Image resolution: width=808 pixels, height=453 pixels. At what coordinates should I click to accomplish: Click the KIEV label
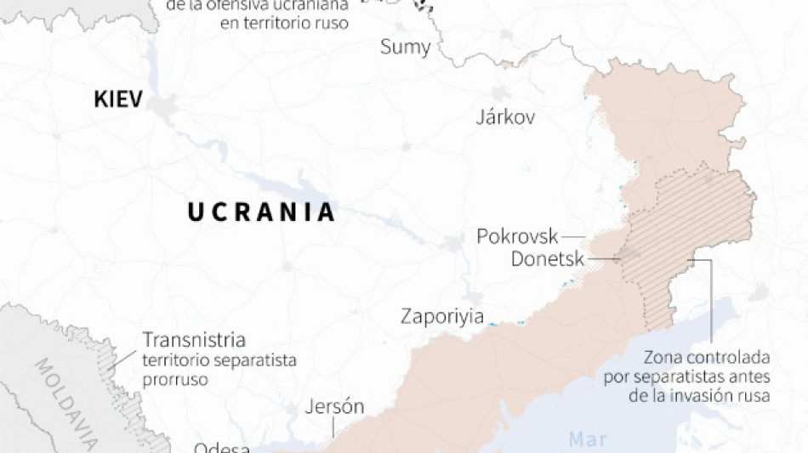(x=117, y=100)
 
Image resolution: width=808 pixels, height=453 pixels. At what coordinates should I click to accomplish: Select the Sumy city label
(x=405, y=47)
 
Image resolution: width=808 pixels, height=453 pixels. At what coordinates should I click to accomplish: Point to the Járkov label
(x=505, y=117)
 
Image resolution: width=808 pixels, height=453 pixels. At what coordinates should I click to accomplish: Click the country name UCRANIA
(x=262, y=212)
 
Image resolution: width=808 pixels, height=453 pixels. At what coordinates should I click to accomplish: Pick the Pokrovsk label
(x=517, y=236)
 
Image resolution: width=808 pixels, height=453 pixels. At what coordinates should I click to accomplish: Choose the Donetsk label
(x=548, y=258)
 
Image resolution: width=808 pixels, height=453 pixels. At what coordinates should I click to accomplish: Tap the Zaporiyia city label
(x=442, y=317)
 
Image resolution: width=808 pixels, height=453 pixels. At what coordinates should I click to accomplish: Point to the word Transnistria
(x=194, y=340)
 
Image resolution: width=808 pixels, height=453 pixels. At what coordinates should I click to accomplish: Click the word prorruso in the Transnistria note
(x=175, y=379)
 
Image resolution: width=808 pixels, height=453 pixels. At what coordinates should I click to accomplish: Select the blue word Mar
(x=587, y=440)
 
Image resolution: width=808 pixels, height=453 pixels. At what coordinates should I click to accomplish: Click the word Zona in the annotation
(x=663, y=356)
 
